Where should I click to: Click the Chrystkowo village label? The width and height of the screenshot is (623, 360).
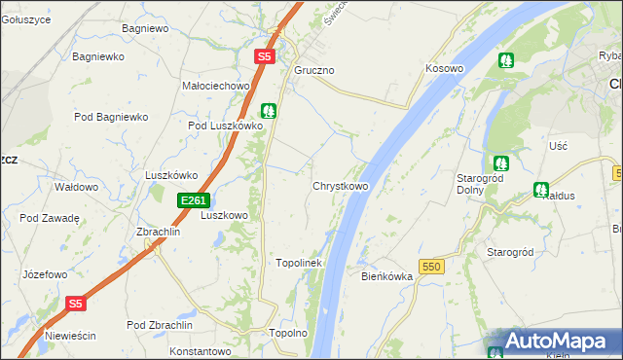tap(340, 186)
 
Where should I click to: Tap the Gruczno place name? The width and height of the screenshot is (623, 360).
tap(314, 71)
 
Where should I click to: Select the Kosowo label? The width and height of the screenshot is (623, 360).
tap(443, 69)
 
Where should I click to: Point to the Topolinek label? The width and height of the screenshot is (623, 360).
tap(299, 263)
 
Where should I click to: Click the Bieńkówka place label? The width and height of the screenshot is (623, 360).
tap(387, 276)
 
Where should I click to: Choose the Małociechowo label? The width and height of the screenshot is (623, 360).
tap(216, 86)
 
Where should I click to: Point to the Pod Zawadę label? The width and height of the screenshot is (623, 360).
tap(49, 218)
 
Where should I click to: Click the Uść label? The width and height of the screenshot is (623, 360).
tap(558, 145)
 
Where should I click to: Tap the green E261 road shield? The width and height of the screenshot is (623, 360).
tap(192, 200)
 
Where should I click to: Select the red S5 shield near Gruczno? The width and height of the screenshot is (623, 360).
tap(265, 57)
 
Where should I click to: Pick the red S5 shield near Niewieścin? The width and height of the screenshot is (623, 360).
tap(77, 304)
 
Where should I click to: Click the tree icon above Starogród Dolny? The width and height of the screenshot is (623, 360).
tap(500, 162)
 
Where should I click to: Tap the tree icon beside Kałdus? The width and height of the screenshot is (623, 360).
tap(541, 189)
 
